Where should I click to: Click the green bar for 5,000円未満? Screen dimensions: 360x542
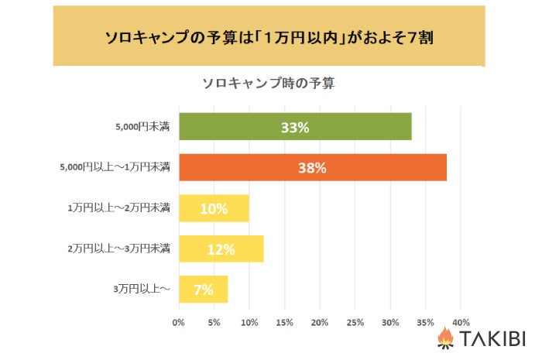tap(295, 127)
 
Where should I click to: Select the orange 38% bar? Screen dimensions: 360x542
tap(313, 167)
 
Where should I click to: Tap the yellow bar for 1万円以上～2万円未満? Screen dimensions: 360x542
tap(214, 208)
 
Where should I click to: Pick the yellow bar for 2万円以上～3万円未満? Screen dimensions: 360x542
tap(221, 249)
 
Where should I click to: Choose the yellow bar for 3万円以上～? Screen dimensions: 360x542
tap(203, 290)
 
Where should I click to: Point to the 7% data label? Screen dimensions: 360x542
tap(204, 290)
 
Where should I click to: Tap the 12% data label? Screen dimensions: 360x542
tap(221, 249)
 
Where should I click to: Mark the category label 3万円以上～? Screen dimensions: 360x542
tap(142, 290)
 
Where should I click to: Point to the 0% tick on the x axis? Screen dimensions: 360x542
tap(179, 321)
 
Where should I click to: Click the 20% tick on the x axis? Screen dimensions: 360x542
tap(320, 321)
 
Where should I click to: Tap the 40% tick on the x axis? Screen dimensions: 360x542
tap(461, 321)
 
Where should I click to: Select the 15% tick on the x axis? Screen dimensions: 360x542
tap(284, 321)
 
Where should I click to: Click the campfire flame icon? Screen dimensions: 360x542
tap(445, 338)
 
